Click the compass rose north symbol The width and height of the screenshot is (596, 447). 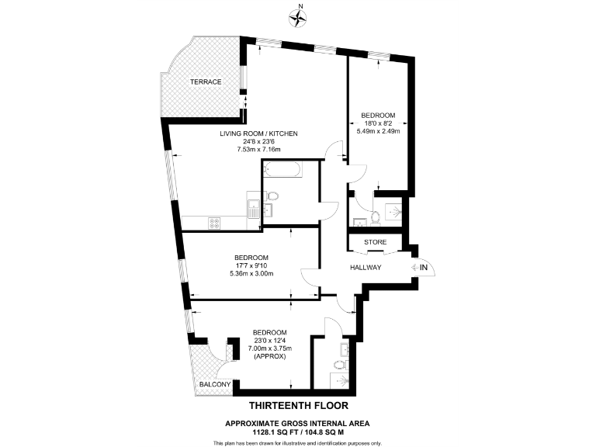click(298, 13)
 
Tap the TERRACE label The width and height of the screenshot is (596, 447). click(206, 81)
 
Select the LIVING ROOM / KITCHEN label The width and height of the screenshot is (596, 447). click(258, 133)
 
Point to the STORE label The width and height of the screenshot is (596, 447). click(376, 242)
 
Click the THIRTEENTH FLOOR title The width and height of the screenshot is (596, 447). click(298, 406)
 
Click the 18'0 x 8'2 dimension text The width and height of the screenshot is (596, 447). click(383, 123)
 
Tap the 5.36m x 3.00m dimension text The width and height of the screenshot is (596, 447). click(251, 273)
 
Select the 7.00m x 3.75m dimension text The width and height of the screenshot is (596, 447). click(269, 348)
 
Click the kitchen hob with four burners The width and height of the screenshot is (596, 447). click(215, 223)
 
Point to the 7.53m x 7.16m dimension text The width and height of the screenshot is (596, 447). click(258, 149)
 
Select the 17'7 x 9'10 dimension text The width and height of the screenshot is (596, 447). click(251, 265)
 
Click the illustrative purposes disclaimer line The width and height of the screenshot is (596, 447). click(298, 442)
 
